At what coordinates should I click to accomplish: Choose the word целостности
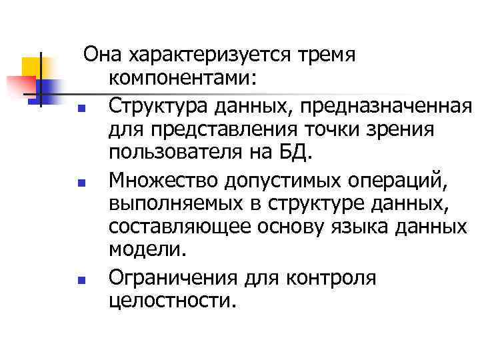coord(171,301)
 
